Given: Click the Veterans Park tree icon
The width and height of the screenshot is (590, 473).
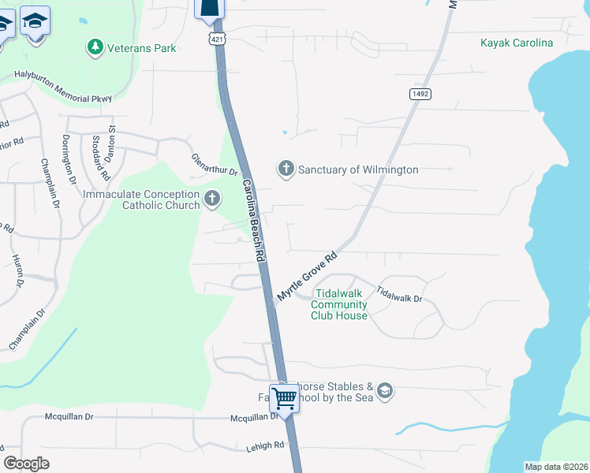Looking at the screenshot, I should coord(95,48).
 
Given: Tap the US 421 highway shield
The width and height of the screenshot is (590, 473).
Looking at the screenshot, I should coord(215,39).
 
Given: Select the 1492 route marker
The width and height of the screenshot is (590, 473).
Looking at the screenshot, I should coord(420,94).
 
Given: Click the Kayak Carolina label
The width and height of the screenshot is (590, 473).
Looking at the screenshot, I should coord(517,43).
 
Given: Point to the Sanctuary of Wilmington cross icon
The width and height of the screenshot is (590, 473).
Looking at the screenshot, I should coord(286,169).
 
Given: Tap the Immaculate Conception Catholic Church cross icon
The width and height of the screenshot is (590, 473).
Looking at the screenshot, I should coord(211,199).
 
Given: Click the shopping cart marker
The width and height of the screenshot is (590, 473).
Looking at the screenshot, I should coord(283,398).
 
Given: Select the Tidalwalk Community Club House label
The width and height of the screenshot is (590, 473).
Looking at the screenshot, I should coord(339,305).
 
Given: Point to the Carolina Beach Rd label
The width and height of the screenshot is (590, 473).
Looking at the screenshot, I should coord(252,221).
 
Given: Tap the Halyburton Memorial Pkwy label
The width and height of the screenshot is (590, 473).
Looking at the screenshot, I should coord(63,88).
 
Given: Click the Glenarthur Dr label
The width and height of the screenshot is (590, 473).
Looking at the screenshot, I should coord(214,165).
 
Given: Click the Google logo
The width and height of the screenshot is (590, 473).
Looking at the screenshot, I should coord(27,463).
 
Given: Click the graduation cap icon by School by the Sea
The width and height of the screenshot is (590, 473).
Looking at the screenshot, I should coord(384,391).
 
